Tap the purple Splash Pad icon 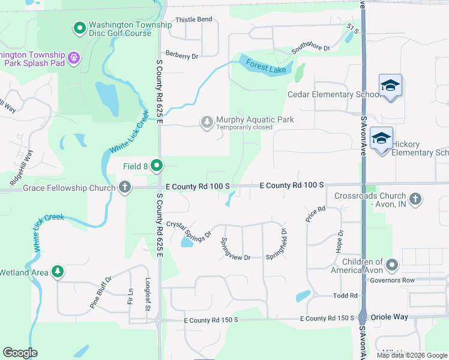tap(74, 58)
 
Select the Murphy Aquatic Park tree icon tap(207, 122)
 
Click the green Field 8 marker tap(157, 165)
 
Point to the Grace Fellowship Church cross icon tap(125, 188)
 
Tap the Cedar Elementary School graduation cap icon tap(390, 86)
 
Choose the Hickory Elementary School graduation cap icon tap(382, 139)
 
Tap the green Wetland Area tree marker tap(58, 272)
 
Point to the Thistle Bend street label tap(193, 19)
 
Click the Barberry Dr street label tap(182, 56)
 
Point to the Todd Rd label tap(345, 295)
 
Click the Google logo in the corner tap(20, 353)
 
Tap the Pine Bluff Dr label tap(101, 292)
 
